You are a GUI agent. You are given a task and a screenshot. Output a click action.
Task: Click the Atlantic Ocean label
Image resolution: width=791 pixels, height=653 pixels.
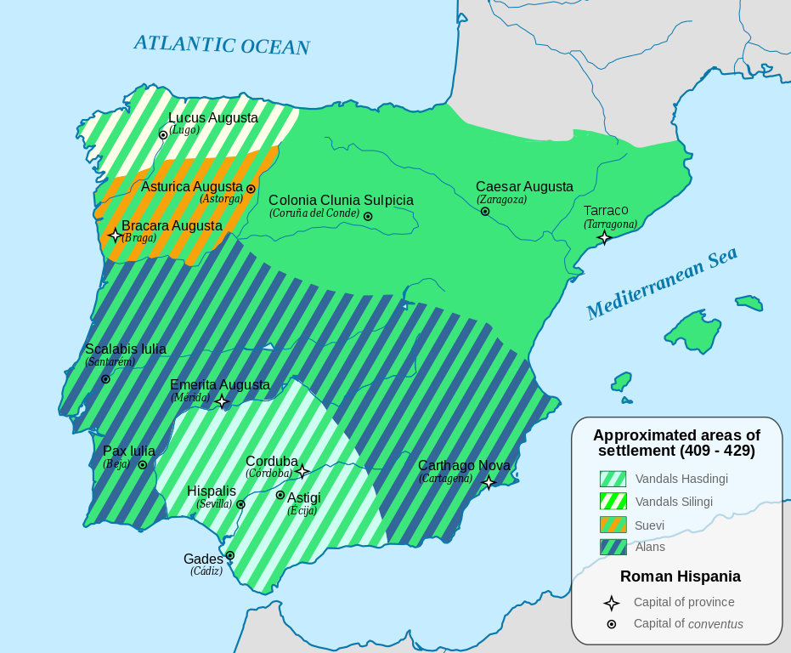click(222, 45)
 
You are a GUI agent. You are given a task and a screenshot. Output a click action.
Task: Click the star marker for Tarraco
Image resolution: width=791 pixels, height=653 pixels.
click(604, 237)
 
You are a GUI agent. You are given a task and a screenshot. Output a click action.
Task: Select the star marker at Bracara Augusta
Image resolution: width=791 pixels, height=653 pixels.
click(115, 235)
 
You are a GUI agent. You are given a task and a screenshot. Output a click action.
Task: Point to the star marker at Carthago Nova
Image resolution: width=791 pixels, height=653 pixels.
click(489, 482)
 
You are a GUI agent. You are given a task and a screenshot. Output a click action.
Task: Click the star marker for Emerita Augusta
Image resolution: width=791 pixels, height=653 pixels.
click(222, 401)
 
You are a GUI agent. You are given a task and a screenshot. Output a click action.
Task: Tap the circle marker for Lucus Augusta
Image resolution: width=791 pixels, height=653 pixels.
click(163, 134)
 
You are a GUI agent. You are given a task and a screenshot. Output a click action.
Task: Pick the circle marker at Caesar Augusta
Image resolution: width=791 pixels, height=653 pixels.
click(484, 211)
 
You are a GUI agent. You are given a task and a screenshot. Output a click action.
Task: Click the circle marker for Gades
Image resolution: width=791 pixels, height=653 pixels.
click(229, 555)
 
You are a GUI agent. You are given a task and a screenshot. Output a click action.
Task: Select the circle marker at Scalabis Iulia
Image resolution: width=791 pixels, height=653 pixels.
click(105, 378)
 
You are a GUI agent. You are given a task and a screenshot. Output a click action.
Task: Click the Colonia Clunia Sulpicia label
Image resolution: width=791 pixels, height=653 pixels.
click(341, 201)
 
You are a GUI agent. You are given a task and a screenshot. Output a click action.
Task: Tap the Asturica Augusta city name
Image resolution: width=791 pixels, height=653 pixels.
click(192, 186)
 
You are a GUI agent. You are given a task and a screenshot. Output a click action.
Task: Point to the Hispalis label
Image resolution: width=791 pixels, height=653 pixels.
click(212, 491)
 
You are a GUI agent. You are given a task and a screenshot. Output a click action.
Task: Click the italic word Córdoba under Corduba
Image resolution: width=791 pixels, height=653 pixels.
click(268, 474)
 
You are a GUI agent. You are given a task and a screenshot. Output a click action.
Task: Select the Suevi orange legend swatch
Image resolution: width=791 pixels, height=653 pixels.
click(613, 525)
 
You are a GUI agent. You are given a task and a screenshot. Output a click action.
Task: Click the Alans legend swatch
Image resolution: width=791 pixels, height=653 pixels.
click(613, 547)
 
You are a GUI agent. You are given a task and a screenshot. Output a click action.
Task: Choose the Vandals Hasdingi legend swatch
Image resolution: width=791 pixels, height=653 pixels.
click(613, 479)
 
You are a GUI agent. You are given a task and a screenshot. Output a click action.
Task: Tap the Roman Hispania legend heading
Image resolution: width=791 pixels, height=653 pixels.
click(680, 576)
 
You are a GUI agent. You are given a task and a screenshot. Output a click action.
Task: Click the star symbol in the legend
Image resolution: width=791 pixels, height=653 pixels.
click(611, 603)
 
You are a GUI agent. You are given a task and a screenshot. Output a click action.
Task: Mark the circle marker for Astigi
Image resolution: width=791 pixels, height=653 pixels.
click(280, 495)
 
